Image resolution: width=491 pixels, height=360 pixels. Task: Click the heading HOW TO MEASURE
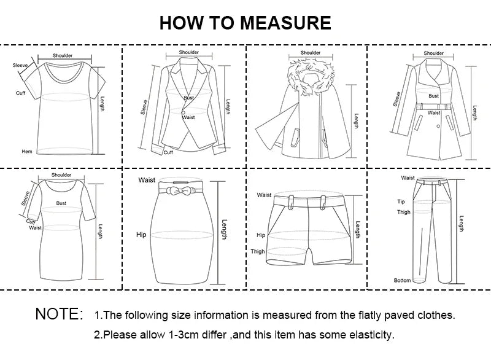click(245, 22)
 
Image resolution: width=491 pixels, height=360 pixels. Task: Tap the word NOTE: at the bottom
click(59, 315)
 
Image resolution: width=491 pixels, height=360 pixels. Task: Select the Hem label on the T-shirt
click(26, 151)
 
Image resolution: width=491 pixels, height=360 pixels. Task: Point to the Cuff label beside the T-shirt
click(20, 93)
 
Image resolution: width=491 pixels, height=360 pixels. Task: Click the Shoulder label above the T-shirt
click(62, 55)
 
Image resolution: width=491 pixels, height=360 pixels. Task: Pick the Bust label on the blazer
click(189, 98)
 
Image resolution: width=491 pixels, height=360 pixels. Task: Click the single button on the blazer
click(182, 112)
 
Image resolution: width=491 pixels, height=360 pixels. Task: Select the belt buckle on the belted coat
click(434, 106)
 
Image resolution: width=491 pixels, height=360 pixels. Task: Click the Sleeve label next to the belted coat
click(397, 98)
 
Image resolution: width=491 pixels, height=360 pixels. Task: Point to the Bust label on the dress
click(61, 202)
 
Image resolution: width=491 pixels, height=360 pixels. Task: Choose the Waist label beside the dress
click(36, 228)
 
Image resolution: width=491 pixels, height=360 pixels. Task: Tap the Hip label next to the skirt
click(141, 235)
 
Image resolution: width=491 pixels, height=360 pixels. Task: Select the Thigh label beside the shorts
click(258, 251)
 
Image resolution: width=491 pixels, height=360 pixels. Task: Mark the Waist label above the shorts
click(264, 195)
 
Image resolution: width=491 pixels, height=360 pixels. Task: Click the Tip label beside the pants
click(401, 202)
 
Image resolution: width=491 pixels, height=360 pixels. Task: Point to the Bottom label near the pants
click(402, 280)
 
